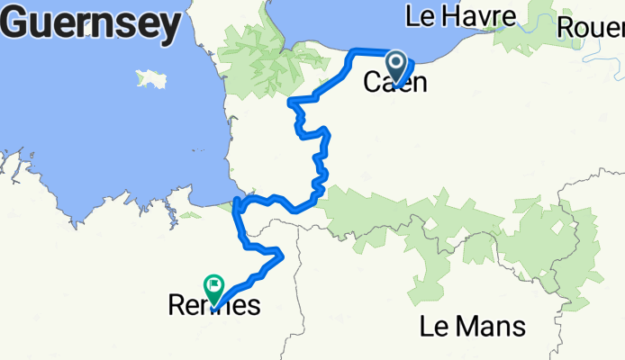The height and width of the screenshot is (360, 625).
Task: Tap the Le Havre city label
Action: tap(460, 15)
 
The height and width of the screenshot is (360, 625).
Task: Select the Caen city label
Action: tap(394, 83)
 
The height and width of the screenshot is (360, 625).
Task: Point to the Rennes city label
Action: tap(214, 305)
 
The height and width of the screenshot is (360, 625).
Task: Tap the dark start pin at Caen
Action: tap(396, 66)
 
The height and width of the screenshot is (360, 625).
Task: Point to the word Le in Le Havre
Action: tap(420, 15)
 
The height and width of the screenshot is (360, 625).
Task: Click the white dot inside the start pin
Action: tap(396, 62)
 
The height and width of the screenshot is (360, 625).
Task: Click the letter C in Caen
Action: tap(371, 83)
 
